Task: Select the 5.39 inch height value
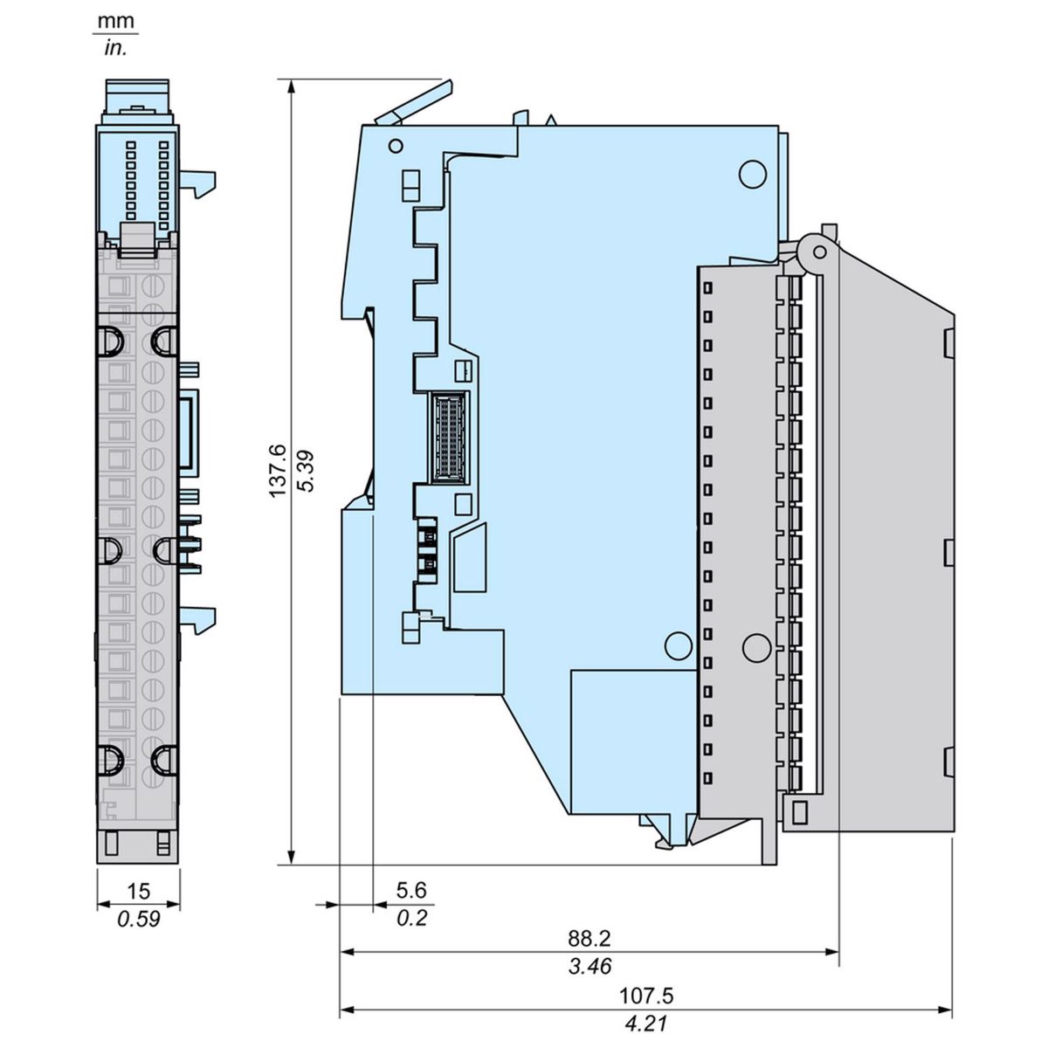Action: point(307,471)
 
